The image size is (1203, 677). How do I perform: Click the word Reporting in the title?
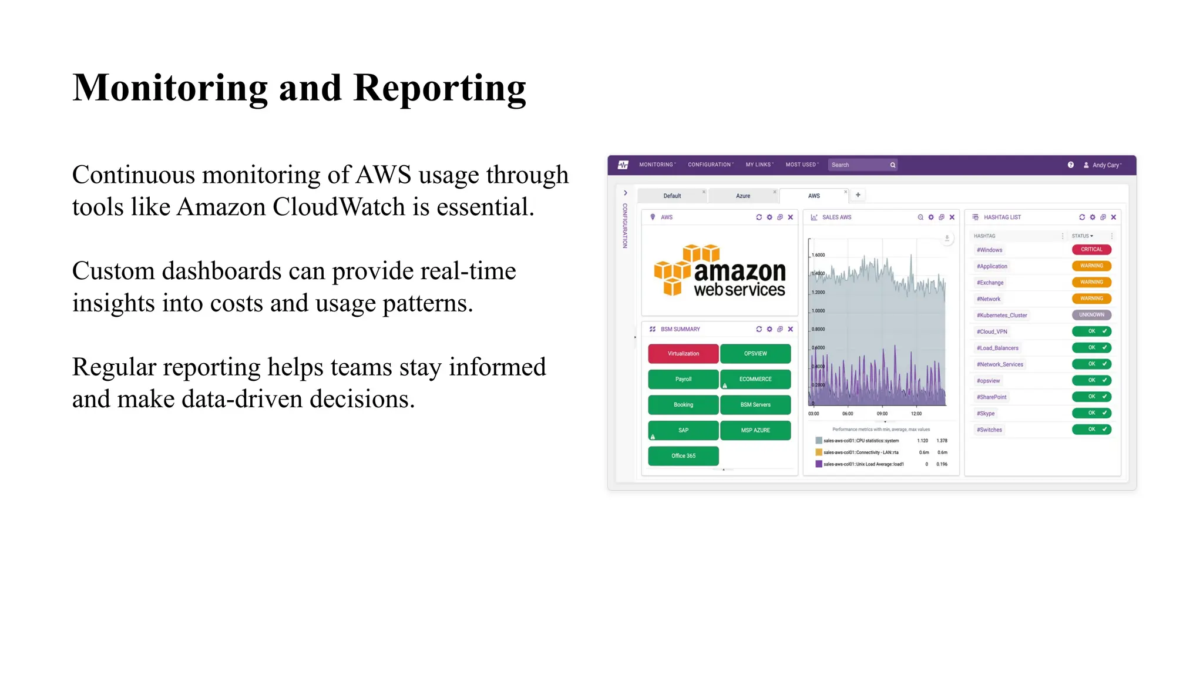coord(439,88)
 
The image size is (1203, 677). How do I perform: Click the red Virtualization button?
coord(683,354)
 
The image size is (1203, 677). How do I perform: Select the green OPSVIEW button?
coord(755,354)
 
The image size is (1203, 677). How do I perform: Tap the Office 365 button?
coord(683,456)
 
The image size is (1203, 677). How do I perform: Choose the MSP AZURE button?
coord(755,430)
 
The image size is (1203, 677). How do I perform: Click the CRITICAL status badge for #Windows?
coord(1091,250)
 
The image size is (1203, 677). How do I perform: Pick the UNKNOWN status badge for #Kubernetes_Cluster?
coord(1091,315)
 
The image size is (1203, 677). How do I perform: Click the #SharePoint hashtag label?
coord(992,397)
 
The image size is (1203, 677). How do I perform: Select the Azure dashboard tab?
coord(742,196)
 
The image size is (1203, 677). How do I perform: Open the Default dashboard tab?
coord(672,196)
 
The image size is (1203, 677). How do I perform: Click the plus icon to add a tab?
coord(858,195)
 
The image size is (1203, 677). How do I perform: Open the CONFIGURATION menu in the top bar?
coord(710,165)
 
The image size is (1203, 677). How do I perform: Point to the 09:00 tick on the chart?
coord(882,414)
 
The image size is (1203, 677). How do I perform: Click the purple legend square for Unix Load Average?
coord(818,464)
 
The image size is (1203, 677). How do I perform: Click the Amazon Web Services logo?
coord(720,270)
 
